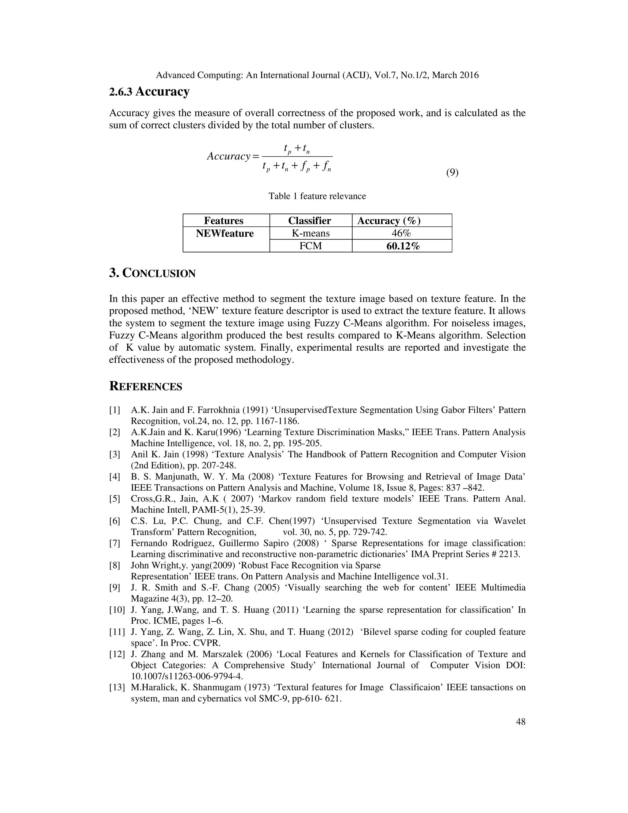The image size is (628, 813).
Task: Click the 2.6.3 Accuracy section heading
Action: (x=149, y=91)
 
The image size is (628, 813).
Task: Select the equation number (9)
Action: (x=452, y=172)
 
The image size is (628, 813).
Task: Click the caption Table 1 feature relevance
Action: (x=317, y=196)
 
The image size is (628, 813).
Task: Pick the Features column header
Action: (x=224, y=221)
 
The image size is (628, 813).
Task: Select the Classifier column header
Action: (x=309, y=221)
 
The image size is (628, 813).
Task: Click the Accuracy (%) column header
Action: (x=389, y=221)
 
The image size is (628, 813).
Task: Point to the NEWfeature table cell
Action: (x=225, y=233)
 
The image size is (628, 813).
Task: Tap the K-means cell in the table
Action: (x=310, y=233)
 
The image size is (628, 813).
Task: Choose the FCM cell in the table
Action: (x=310, y=246)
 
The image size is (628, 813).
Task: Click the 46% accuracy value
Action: (x=401, y=233)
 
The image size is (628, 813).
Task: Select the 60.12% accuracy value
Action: (x=403, y=246)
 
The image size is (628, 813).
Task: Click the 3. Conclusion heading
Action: (x=152, y=273)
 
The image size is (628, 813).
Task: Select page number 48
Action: (x=520, y=722)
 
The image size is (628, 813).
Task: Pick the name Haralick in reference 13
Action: (x=157, y=687)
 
